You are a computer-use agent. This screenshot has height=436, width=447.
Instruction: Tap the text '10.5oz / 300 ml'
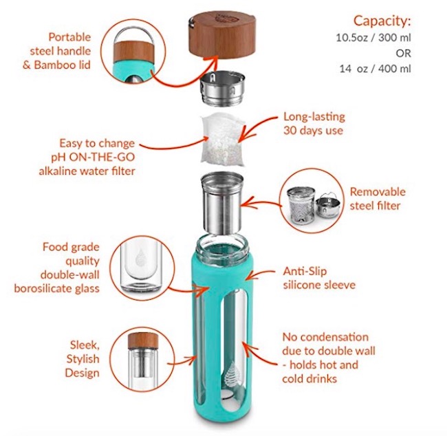tap(384, 37)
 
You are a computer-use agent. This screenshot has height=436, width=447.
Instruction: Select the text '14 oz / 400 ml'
tap(384, 68)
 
